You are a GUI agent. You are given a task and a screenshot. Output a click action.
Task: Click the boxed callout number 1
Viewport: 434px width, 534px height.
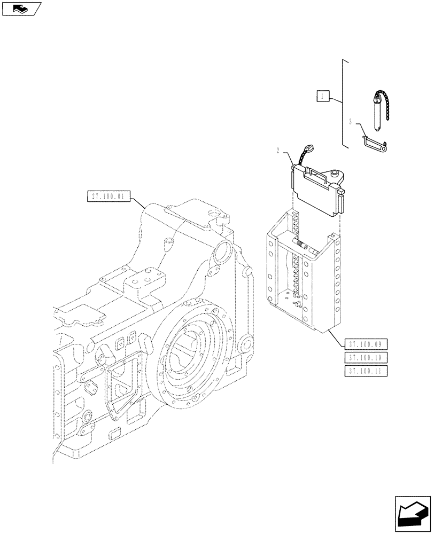pos(322,97)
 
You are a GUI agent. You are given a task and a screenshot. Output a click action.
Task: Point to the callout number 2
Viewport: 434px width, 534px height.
pos(278,151)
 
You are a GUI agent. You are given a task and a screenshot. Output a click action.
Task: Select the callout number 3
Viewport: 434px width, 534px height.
pos(350,122)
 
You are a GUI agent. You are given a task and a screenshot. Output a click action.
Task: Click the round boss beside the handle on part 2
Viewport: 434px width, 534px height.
pos(335,173)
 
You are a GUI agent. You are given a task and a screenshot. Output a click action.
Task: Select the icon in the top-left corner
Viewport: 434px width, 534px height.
pos(21,9)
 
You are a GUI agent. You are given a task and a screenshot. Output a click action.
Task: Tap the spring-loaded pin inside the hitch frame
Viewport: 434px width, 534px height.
pos(306,246)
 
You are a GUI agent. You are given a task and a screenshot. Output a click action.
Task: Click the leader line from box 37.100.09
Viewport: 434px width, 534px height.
pos(334,336)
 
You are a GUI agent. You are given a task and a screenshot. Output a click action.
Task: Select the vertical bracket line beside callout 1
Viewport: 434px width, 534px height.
pos(342,101)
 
